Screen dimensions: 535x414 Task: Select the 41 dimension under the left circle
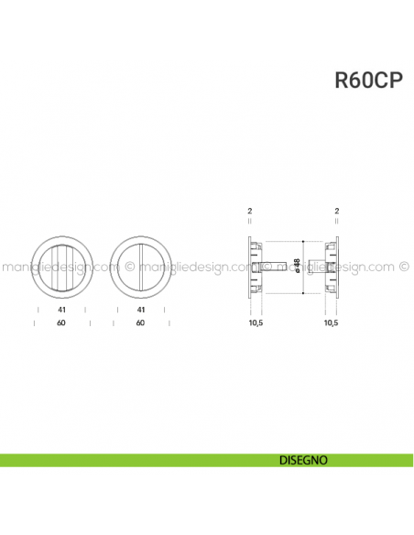(x=60, y=311)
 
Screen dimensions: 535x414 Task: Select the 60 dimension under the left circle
(x=60, y=322)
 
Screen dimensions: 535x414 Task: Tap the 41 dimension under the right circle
(x=140, y=311)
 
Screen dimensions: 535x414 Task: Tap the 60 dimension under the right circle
(x=140, y=322)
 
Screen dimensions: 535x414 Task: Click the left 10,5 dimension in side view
(x=256, y=323)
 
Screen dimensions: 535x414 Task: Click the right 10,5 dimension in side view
(x=332, y=323)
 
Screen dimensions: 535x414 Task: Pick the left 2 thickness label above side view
(x=249, y=212)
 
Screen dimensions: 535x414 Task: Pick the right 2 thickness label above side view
(x=337, y=212)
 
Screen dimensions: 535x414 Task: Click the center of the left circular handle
(x=60, y=267)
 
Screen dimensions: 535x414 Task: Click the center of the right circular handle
(x=140, y=267)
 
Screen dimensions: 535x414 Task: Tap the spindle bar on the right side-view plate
(x=317, y=267)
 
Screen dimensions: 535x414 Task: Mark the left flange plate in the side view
(x=249, y=267)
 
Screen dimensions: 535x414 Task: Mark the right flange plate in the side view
(x=337, y=267)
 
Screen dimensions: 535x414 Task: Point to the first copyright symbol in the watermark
(x=129, y=267)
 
